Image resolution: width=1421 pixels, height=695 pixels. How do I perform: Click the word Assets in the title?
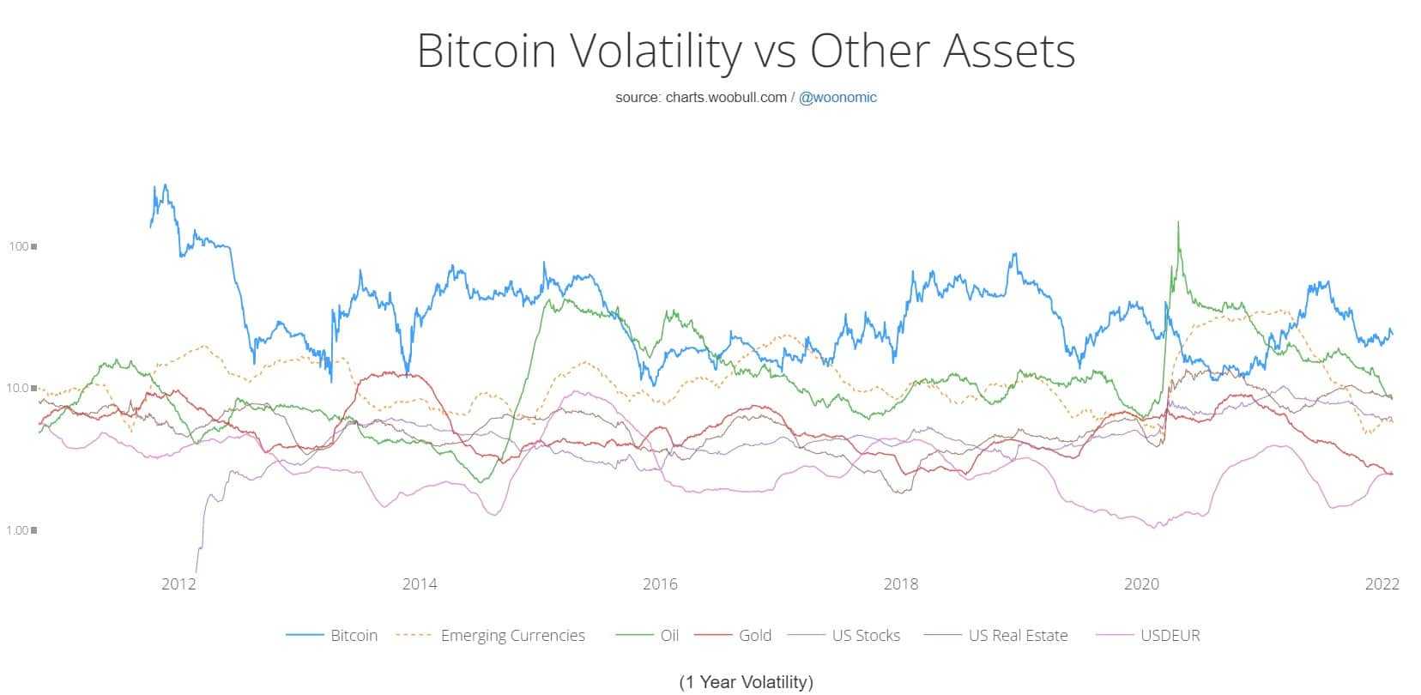click(x=1009, y=51)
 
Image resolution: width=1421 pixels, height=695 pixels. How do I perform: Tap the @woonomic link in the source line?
click(x=837, y=98)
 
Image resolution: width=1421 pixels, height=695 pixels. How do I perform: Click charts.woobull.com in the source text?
click(x=726, y=98)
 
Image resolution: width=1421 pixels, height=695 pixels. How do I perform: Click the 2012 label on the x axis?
click(x=178, y=584)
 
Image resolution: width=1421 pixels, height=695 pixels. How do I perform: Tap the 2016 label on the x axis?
click(x=660, y=584)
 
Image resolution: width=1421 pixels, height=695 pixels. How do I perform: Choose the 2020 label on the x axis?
click(x=1141, y=584)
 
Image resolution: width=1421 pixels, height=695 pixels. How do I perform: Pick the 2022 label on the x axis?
click(x=1382, y=584)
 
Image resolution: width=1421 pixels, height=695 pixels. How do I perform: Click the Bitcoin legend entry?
click(x=354, y=636)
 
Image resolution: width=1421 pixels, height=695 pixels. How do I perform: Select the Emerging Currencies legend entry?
click(x=512, y=636)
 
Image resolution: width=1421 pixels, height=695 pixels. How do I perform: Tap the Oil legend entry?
click(x=669, y=636)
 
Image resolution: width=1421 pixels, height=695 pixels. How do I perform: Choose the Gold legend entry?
click(x=755, y=636)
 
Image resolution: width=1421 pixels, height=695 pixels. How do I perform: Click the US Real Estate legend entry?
click(x=1018, y=636)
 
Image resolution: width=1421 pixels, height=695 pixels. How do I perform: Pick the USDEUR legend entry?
click(x=1170, y=636)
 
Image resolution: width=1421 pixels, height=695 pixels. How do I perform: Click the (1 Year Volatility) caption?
click(x=746, y=682)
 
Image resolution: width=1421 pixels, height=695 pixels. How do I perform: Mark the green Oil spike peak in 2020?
click(x=1177, y=223)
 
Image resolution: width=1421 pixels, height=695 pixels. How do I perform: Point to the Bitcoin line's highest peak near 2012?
click(x=165, y=185)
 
